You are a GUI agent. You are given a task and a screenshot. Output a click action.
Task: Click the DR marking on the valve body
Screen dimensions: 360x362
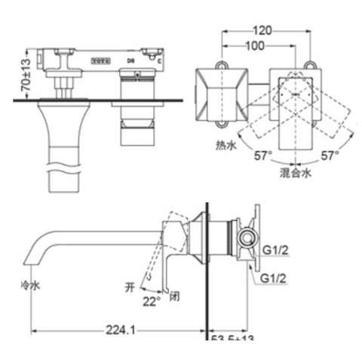coord(130,58)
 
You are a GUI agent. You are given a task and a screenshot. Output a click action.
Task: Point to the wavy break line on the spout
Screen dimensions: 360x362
coord(63,159)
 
